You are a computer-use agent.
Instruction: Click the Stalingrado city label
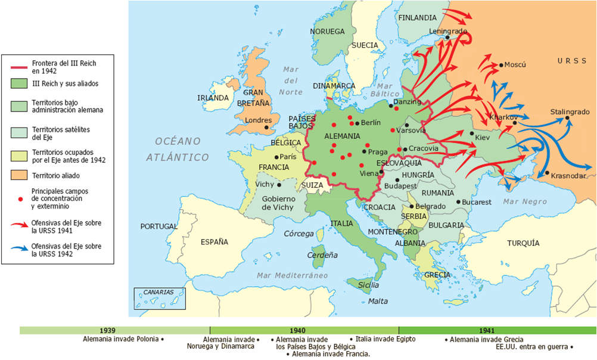coord(570,111)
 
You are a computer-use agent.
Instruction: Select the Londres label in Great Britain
coord(258,120)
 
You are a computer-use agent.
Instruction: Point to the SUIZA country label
coord(312,185)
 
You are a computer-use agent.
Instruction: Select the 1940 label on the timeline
coord(304,330)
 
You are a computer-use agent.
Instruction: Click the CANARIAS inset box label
coord(158,293)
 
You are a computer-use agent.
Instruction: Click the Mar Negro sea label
coord(525,201)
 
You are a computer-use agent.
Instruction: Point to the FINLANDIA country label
coord(417,17)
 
